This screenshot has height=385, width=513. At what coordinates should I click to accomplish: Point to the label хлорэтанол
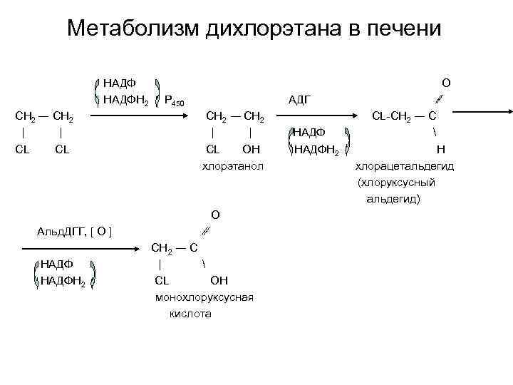[233, 166]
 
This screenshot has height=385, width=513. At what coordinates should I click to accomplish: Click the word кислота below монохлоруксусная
[190, 314]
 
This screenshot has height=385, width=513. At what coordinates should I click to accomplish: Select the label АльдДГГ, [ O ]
[79, 231]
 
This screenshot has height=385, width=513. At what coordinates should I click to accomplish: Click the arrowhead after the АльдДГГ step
[140, 249]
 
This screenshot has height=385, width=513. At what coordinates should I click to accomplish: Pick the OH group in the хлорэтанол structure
[252, 149]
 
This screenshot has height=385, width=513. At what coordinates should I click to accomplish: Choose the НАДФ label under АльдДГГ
[57, 264]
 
